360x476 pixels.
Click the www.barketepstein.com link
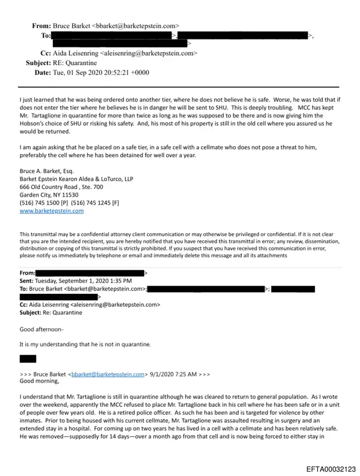(x=51, y=211)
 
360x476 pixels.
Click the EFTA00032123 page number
(x=331, y=469)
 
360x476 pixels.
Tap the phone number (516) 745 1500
(x=42, y=202)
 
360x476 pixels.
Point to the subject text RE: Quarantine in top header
(x=75, y=63)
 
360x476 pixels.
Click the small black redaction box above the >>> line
(x=28, y=359)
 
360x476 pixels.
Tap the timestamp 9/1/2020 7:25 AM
(x=171, y=373)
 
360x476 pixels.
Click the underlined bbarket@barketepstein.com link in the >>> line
(x=108, y=373)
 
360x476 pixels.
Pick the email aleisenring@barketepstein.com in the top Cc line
(x=148, y=53)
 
